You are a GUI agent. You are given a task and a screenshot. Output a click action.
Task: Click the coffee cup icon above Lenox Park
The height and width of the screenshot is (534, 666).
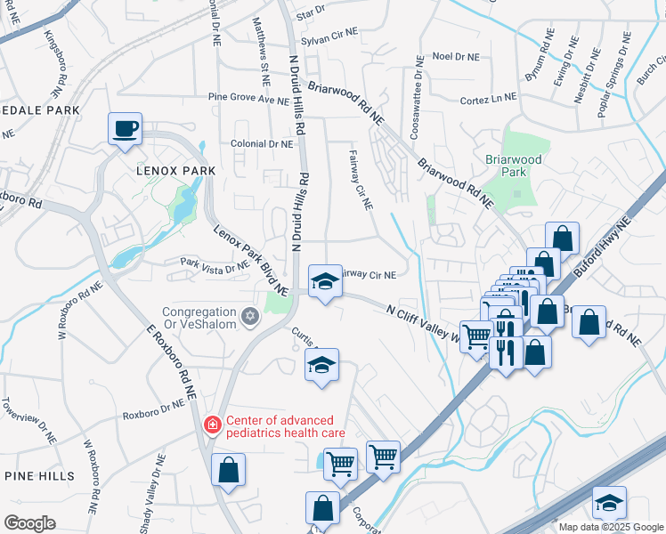click(x=125, y=128)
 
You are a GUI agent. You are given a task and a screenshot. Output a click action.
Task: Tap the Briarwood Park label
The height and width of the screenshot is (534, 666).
click(x=513, y=166)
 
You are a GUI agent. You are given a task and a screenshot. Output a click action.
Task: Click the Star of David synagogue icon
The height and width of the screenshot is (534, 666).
click(x=250, y=314)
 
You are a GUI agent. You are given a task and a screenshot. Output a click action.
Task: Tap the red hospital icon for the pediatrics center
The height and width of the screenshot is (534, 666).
click(x=212, y=425)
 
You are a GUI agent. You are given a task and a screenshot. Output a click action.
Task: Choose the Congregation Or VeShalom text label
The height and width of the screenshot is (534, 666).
click(x=199, y=318)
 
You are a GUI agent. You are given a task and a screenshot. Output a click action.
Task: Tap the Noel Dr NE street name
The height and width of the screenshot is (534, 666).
click(x=455, y=56)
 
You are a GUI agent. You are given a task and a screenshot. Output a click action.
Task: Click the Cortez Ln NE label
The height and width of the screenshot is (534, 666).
click(x=488, y=101)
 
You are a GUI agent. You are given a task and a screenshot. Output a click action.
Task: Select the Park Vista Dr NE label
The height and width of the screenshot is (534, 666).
click(x=214, y=264)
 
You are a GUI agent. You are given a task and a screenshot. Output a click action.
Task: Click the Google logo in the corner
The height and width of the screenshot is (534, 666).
click(x=29, y=522)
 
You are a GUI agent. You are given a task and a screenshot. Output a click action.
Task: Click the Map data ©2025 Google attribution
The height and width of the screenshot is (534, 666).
click(x=611, y=527)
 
